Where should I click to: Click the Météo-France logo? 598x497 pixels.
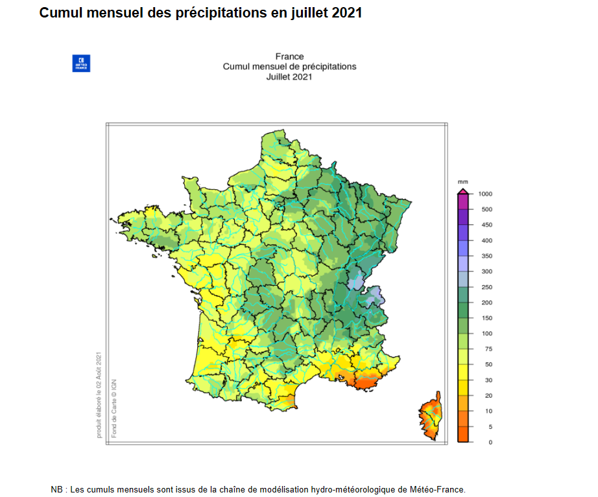[x=81, y=64]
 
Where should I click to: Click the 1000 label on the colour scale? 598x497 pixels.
[x=485, y=194]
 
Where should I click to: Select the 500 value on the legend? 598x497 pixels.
[x=486, y=209]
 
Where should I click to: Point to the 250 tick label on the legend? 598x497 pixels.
[x=486, y=287]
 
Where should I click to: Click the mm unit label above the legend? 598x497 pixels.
[x=462, y=182]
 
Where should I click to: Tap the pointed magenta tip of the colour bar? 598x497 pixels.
[x=463, y=189]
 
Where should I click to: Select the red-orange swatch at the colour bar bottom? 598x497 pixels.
[x=463, y=434]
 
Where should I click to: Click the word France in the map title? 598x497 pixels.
[x=289, y=56]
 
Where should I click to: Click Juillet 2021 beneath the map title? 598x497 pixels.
[x=289, y=76]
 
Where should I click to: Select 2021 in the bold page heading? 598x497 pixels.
[x=346, y=12]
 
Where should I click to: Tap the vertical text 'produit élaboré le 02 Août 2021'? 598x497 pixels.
[x=99, y=394]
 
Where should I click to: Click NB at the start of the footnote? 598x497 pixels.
[x=57, y=489]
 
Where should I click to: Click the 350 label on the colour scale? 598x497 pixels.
[x=486, y=256]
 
